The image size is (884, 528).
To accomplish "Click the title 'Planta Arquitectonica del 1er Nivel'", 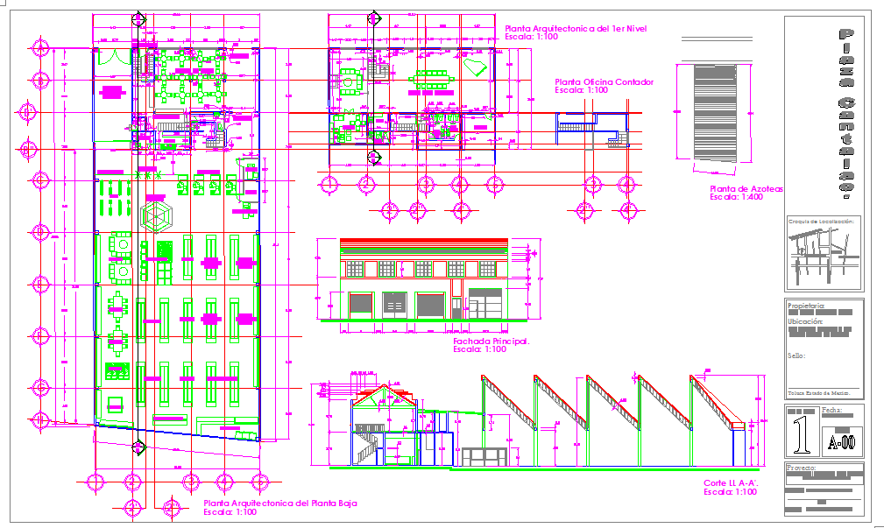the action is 576,29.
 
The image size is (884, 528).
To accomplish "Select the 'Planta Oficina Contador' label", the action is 604,82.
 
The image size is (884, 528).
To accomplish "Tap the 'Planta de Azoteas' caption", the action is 746,189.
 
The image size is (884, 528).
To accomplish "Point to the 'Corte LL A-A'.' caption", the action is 731,483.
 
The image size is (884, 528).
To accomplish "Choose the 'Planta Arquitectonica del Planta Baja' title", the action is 279,503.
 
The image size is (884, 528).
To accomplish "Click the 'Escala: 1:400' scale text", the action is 736,198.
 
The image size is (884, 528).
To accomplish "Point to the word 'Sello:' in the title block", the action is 796,356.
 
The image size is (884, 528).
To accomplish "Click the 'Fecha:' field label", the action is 832,410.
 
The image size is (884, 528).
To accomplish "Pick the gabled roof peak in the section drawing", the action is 383,389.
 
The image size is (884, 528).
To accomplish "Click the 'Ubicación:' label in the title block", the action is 806,321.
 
